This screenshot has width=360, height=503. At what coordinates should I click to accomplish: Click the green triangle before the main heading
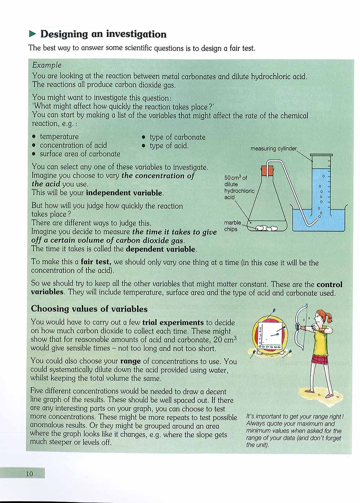pyautogui.click(x=33, y=34)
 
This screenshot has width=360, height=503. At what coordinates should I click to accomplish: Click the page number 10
pyautogui.click(x=29, y=473)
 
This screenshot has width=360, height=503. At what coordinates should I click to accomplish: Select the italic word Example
pyautogui.click(x=47, y=65)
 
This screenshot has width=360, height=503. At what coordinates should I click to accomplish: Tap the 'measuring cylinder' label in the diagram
pyautogui.click(x=274, y=148)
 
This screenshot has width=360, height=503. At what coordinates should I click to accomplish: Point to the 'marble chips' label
pyautogui.click(x=232, y=226)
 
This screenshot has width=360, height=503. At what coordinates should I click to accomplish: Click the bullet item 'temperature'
pyautogui.click(x=59, y=136)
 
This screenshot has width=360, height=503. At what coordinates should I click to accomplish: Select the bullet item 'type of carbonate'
pyautogui.click(x=177, y=137)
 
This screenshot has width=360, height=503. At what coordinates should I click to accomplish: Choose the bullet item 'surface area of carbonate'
pyautogui.click(x=80, y=154)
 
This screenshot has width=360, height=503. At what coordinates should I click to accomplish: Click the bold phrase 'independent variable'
pyautogui.click(x=124, y=193)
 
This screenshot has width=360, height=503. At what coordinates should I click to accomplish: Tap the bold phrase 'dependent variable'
pyautogui.click(x=161, y=249)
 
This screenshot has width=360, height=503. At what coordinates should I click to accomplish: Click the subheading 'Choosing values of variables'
pyautogui.click(x=89, y=309)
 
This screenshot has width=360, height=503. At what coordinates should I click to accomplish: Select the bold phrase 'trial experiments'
pyautogui.click(x=173, y=322)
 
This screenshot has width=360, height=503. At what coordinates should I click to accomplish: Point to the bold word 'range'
pyautogui.click(x=130, y=361)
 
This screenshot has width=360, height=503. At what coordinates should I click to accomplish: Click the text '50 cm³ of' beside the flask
pyautogui.click(x=236, y=178)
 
